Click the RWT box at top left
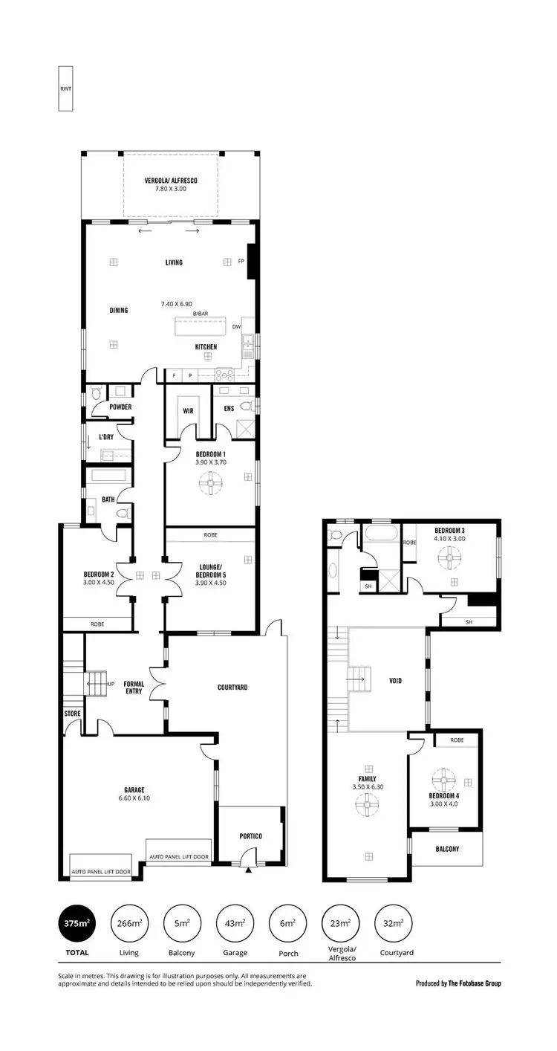(65, 88)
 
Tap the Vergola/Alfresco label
(171, 180)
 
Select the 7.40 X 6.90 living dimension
(177, 304)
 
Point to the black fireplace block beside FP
(251, 262)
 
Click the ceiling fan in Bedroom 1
(210, 485)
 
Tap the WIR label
(187, 409)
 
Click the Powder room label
(120, 407)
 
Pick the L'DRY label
(106, 437)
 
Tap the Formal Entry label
(134, 688)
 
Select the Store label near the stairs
(72, 714)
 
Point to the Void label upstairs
(395, 680)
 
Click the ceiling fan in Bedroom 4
(443, 778)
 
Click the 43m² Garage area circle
(235, 924)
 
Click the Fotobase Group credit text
(458, 983)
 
